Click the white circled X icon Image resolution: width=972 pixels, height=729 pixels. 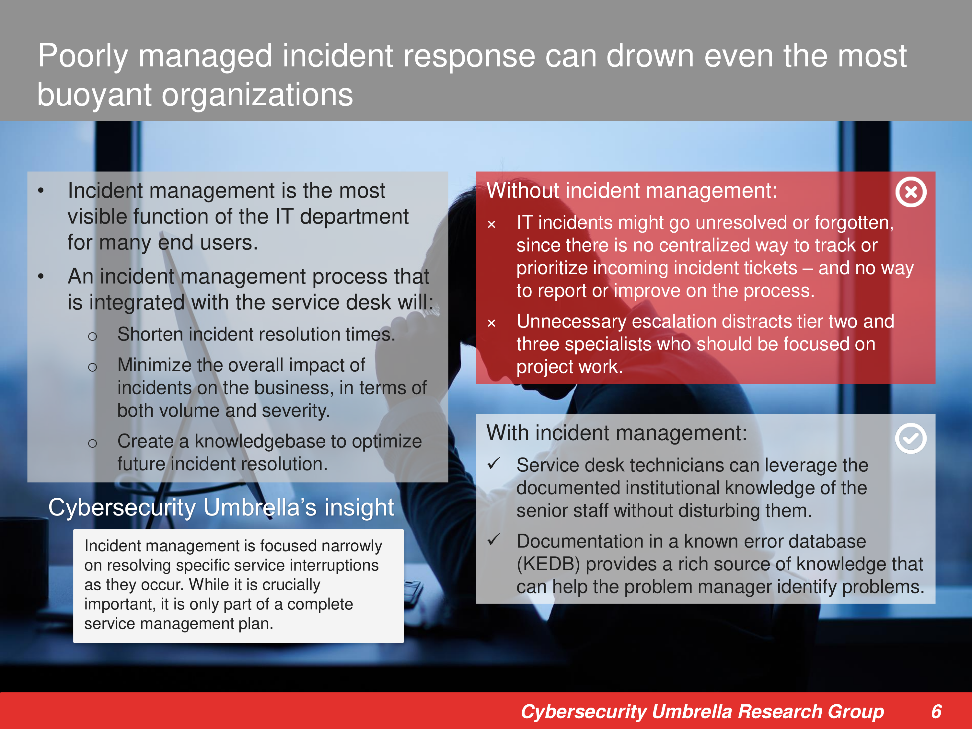pos(910,192)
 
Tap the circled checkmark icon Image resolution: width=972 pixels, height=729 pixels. pos(910,438)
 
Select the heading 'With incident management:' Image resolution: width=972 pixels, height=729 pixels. pos(617,433)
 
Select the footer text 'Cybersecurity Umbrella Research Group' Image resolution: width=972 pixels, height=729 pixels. pos(702,712)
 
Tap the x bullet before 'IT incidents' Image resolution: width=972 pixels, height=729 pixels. pos(492,225)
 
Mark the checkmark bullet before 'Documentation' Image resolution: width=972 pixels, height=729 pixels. pos(494,539)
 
